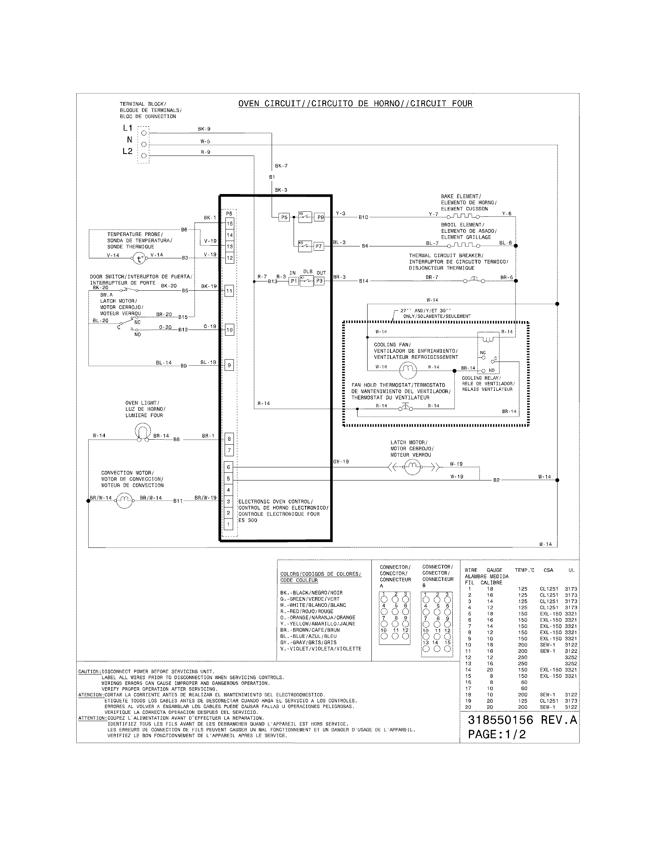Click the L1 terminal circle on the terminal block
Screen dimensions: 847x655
tap(144, 133)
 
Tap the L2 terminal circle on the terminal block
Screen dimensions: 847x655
tap(144, 156)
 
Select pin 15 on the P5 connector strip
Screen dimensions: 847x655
tap(229, 223)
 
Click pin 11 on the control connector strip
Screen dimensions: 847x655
tap(229, 291)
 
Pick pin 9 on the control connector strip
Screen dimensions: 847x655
tap(229, 365)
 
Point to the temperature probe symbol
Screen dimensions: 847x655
tap(139, 258)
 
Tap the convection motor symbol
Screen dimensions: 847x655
tap(124, 501)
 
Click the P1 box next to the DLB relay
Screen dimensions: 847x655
tap(294, 281)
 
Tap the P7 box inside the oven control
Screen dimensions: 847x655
tap(319, 246)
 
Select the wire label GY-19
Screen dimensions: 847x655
tap(341, 462)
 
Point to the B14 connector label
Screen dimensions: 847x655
tap(364, 281)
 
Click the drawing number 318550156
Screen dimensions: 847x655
tap(500, 720)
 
